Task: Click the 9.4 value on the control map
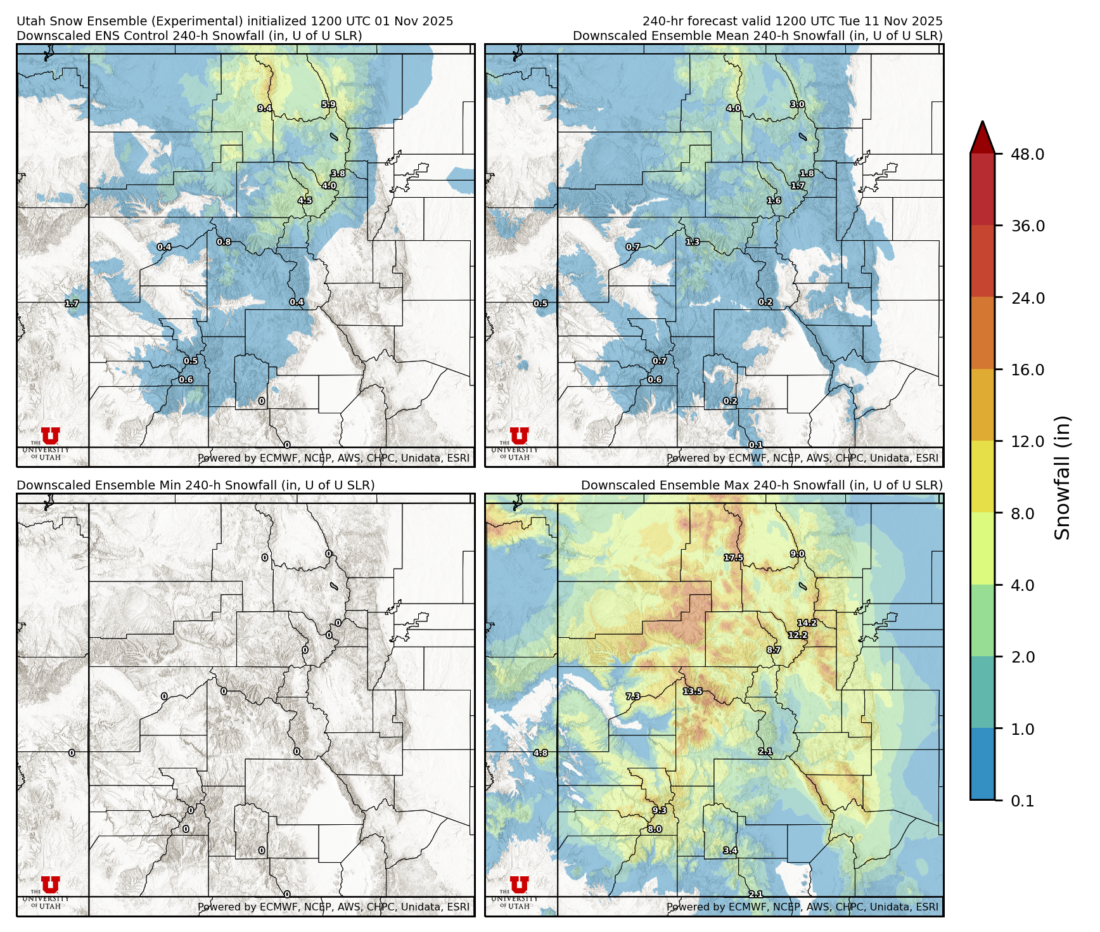265,108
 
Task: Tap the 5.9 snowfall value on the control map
328,105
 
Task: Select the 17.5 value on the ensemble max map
733,558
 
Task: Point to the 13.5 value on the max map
693,691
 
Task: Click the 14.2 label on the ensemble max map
807,623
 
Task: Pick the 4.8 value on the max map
540,753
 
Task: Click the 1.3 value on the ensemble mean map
693,242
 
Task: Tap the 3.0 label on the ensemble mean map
797,105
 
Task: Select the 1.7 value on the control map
72,304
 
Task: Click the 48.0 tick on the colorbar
1027,154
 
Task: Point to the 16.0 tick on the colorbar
1027,370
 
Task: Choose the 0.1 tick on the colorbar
1022,801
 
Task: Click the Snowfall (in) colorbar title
1063,477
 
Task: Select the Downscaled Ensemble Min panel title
195,485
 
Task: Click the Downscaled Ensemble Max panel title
762,485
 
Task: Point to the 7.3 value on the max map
633,696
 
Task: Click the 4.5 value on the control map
305,200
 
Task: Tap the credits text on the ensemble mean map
802,458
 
